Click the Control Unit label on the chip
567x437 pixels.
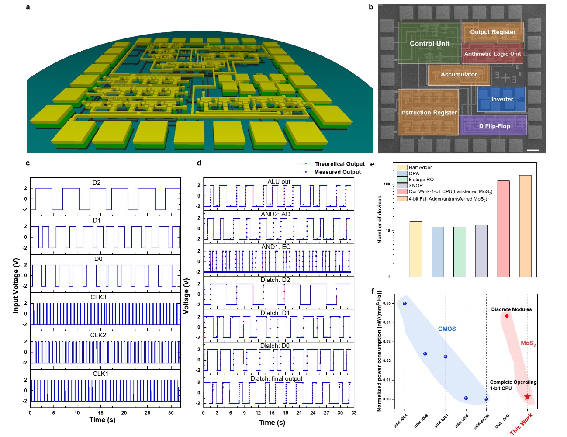(429, 44)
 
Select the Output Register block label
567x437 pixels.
(492, 32)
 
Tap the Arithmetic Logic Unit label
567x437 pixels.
(492, 54)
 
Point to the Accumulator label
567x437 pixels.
(459, 74)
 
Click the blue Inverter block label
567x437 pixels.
(502, 99)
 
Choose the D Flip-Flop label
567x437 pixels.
(494, 126)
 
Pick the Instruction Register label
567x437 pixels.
(428, 113)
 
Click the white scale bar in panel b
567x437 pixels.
(532, 150)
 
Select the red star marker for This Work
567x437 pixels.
(527, 397)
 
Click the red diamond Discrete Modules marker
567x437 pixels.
(507, 316)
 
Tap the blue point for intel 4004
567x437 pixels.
(405, 303)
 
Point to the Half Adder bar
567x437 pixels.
(415, 249)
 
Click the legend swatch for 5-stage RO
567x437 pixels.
(402, 180)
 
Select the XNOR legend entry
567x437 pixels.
(415, 186)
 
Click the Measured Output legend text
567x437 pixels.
(337, 172)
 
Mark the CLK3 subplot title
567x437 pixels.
(99, 297)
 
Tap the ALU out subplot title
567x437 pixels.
(279, 182)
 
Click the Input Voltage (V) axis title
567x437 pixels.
(16, 285)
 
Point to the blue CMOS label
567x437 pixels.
(447, 329)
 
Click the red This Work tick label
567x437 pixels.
(521, 424)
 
